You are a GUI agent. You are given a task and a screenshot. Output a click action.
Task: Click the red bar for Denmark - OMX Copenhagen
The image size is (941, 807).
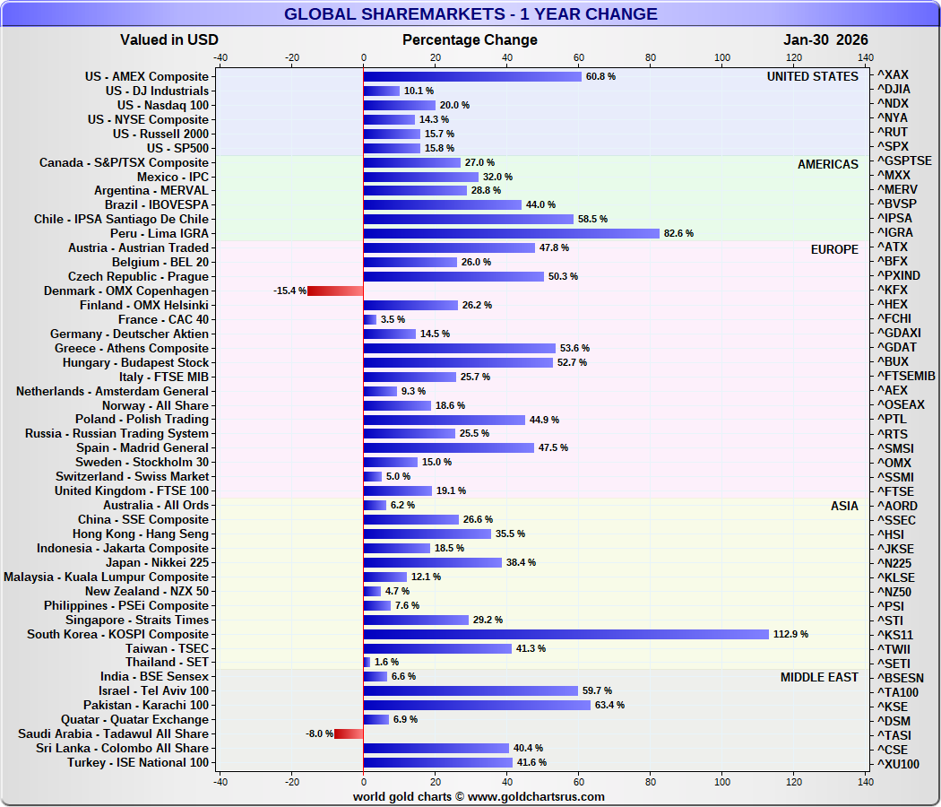[335, 291]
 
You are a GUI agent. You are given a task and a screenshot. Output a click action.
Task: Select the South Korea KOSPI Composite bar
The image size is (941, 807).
[565, 634]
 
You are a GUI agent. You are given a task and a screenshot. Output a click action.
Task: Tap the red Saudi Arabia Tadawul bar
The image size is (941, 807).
[349, 733]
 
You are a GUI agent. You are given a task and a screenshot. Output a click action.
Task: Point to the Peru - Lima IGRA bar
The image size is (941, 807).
[511, 233]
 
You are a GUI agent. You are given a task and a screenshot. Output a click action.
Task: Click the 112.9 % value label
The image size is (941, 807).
[791, 634]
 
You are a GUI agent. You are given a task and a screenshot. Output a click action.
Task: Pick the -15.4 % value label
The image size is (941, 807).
[289, 291]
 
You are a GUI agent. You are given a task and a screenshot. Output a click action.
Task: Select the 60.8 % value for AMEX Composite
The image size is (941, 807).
[600, 76]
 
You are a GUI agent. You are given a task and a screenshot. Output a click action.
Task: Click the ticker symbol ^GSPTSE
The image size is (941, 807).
[904, 161]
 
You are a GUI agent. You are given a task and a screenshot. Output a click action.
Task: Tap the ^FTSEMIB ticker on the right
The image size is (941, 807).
[906, 376]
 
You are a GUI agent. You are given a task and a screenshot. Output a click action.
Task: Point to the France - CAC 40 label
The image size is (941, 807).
[163, 319]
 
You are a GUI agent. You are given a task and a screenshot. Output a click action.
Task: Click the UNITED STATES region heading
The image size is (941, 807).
[812, 76]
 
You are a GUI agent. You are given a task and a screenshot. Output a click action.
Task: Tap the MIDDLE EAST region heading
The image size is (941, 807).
[819, 677]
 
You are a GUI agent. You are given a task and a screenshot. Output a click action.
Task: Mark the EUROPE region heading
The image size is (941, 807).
[834, 248]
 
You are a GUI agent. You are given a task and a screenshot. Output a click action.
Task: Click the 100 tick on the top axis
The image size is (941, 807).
[722, 57]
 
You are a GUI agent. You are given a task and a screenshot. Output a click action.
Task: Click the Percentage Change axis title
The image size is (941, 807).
[470, 39]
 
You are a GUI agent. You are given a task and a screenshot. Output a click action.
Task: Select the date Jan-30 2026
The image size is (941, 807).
[825, 39]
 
